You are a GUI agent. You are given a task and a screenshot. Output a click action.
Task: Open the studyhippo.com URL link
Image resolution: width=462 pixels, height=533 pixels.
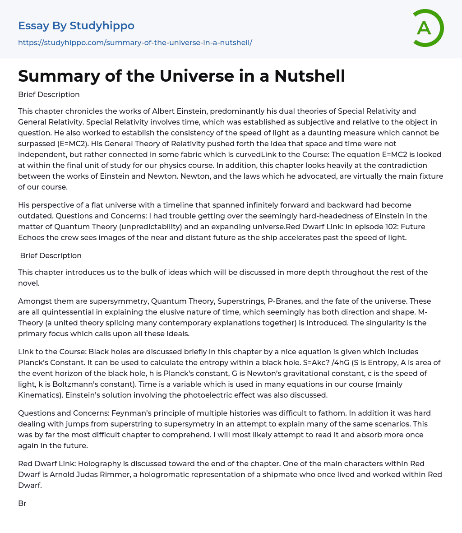click(x=135, y=42)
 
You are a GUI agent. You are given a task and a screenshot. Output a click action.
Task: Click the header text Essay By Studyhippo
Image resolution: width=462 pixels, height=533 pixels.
click(x=76, y=26)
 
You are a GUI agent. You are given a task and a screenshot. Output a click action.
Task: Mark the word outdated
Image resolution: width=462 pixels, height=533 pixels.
click(x=34, y=216)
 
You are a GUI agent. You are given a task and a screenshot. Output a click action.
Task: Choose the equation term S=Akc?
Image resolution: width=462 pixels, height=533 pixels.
click(x=248, y=362)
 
